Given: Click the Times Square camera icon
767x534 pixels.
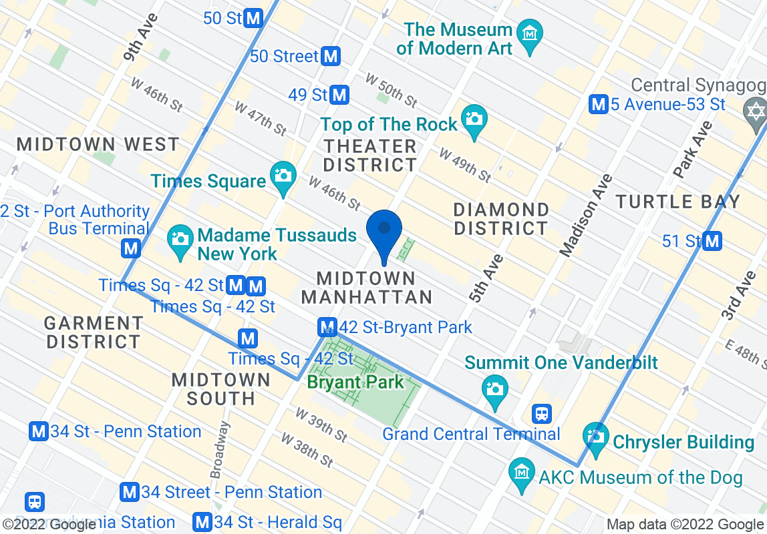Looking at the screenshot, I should (283, 177).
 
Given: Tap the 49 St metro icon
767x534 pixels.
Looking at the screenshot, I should (340, 95).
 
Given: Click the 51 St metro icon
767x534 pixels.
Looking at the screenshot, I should (713, 241).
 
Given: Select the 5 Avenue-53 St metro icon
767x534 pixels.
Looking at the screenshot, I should (599, 104).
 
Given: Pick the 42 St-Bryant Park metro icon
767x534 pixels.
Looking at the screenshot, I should (327, 327).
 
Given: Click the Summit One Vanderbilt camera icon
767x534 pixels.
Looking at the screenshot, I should (494, 389).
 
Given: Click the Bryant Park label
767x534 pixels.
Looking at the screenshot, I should (355, 382).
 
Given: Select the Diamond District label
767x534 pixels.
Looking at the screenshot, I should (500, 219).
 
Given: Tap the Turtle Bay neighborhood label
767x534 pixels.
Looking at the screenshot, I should (677, 201).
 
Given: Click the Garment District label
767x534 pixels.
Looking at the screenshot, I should (93, 332).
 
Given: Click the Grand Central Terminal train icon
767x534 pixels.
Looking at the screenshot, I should (541, 414).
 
